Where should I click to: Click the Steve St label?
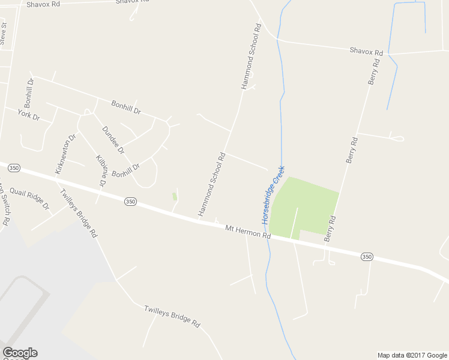click(x=4, y=34)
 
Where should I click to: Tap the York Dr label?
click(x=28, y=114)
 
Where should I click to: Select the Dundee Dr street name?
click(x=113, y=139)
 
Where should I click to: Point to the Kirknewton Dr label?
click(x=65, y=154)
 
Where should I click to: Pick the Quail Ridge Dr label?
click(x=29, y=199)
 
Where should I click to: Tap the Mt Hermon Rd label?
click(x=248, y=231)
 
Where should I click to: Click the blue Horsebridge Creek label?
click(x=273, y=195)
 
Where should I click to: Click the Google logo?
click(x=20, y=353)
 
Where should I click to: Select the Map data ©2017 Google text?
click(x=412, y=355)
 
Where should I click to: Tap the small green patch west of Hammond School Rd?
click(x=175, y=196)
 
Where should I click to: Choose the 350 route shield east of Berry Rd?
click(x=367, y=257)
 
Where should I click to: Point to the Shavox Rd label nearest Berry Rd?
click(x=366, y=52)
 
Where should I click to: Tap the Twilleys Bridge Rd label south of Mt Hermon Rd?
click(x=172, y=316)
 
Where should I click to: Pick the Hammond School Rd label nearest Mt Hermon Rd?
click(x=212, y=184)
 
